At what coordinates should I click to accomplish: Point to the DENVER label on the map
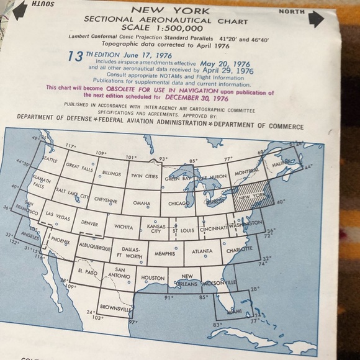tap(89, 223)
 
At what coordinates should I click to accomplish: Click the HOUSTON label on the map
tap(153, 279)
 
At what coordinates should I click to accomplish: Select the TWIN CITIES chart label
tap(145, 176)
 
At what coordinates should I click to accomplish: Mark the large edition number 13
tap(75, 56)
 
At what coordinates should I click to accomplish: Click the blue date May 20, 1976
tap(225, 63)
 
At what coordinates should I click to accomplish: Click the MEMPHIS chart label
tap(164, 254)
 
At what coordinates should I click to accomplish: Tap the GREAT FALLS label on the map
tap(80, 167)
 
